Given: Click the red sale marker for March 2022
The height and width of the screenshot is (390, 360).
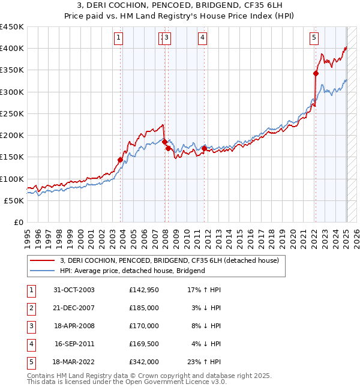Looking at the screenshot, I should pyautogui.click(x=316, y=74).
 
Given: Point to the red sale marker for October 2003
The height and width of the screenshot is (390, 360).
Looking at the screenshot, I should pyautogui.click(x=121, y=160).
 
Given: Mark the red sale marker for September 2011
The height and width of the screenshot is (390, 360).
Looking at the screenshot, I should pyautogui.click(x=205, y=149).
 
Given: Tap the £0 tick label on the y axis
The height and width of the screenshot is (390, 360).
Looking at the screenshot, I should pyautogui.click(x=18, y=222).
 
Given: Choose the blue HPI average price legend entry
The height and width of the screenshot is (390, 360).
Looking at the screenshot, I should pyautogui.click(x=132, y=271).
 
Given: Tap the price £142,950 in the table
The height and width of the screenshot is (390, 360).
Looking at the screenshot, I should pyautogui.click(x=144, y=290).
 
